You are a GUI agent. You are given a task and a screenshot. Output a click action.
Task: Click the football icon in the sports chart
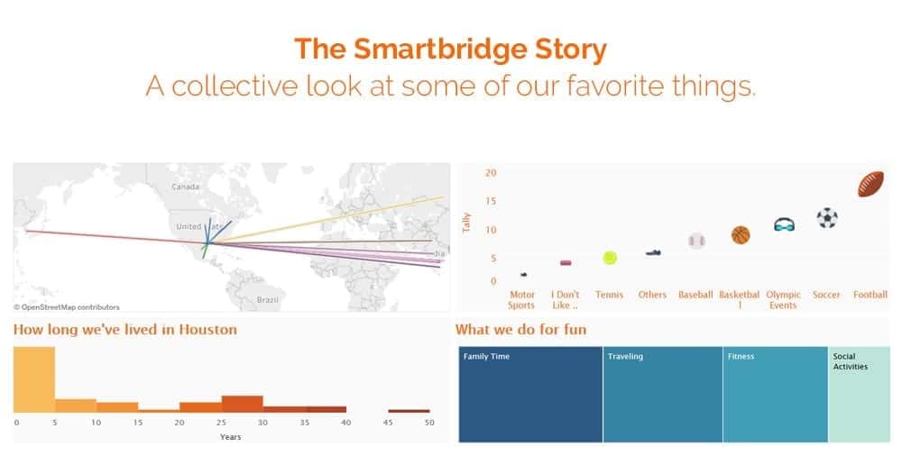pyautogui.click(x=870, y=184)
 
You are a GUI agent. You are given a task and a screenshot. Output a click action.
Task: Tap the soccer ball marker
pyautogui.click(x=826, y=218)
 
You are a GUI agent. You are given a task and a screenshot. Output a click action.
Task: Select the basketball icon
pyautogui.click(x=740, y=235)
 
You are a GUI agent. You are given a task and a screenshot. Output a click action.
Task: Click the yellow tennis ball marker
pyautogui.click(x=610, y=258)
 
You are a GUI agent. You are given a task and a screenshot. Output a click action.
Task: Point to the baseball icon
pyautogui.click(x=696, y=241)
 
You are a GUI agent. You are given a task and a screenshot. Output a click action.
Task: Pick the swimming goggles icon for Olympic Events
pyautogui.click(x=784, y=224)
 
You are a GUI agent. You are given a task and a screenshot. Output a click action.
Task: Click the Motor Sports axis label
pyautogui.click(x=521, y=299)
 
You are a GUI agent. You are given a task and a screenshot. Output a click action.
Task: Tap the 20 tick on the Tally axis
pyautogui.click(x=491, y=173)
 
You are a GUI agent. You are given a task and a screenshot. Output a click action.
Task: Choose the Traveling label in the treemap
pyautogui.click(x=625, y=357)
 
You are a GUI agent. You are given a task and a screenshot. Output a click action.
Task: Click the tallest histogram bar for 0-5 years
pyautogui.click(x=33, y=379)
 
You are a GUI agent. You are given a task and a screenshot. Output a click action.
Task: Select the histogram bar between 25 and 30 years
pyautogui.click(x=242, y=404)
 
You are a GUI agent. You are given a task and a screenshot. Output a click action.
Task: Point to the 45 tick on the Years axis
pyautogui.click(x=388, y=422)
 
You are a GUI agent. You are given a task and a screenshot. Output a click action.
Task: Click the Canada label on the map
pyautogui.click(x=185, y=187)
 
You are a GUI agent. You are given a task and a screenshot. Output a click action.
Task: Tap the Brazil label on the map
pyautogui.click(x=267, y=298)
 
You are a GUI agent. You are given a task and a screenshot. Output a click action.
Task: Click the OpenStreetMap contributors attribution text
pyautogui.click(x=67, y=307)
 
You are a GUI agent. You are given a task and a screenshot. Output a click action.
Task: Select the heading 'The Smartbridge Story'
pyautogui.click(x=450, y=49)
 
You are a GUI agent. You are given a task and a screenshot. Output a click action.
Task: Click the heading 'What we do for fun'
pyautogui.click(x=520, y=330)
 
